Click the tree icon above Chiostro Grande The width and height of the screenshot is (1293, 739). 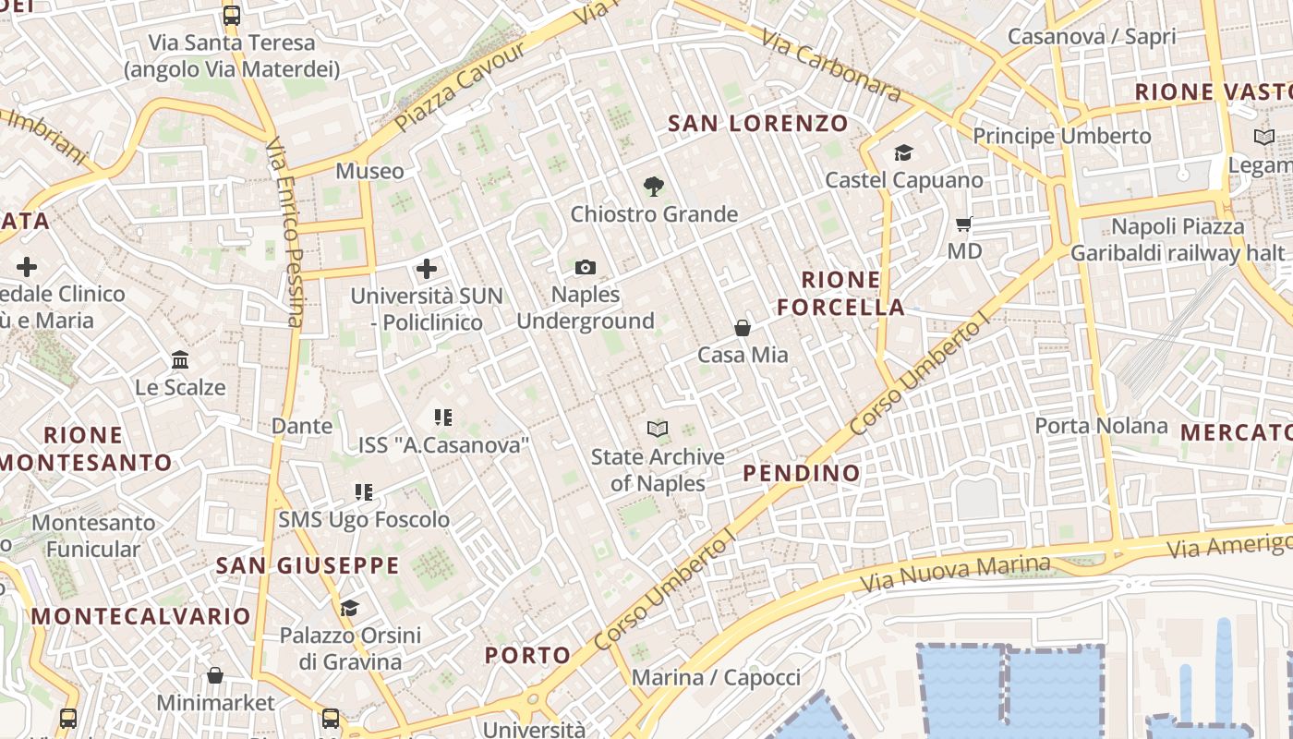654,187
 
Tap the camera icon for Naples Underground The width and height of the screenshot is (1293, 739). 585,268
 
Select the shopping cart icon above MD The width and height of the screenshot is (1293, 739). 964,224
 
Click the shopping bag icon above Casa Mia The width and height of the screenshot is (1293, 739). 742,328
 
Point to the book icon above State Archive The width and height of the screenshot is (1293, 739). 657,429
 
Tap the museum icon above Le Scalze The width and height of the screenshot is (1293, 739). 180,359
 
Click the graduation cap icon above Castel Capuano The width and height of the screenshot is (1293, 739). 903,152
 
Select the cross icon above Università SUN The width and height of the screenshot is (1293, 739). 426,269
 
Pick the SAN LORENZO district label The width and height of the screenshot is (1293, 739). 757,123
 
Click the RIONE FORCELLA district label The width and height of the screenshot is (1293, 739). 840,294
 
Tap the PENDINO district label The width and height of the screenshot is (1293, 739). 802,474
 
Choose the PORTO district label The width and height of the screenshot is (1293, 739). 527,655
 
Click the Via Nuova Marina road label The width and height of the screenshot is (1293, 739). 955,574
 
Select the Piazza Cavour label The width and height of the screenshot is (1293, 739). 458,85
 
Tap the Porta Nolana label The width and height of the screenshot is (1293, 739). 1101,426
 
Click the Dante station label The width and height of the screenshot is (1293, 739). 301,426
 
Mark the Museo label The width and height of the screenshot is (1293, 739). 369,171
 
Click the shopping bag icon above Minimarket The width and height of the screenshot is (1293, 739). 215,675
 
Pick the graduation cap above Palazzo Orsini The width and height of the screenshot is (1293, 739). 349,608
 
